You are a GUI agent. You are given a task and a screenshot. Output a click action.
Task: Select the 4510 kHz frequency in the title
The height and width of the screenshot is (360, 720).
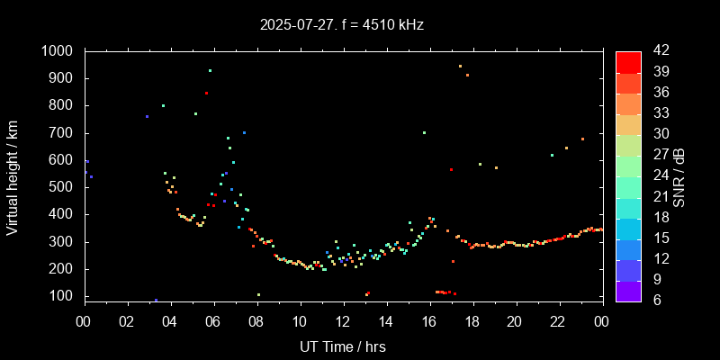pyautogui.click(x=390, y=25)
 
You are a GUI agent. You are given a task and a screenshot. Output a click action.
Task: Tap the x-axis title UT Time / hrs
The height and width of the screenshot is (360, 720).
pyautogui.click(x=343, y=346)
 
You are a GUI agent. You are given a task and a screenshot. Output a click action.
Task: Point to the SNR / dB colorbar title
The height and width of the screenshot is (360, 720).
pyautogui.click(x=679, y=175)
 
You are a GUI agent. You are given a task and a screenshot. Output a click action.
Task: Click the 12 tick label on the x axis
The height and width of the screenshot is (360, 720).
pyautogui.click(x=343, y=322)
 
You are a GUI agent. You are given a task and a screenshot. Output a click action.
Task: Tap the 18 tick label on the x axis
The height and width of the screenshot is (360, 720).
pyautogui.click(x=472, y=322)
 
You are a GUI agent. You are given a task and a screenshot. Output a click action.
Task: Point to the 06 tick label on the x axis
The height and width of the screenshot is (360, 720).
pyautogui.click(x=213, y=322)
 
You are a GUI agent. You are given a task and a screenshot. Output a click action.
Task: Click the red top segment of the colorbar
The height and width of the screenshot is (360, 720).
pyautogui.click(x=628, y=61)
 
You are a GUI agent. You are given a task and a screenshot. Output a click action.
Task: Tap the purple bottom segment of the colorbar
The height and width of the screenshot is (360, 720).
pyautogui.click(x=628, y=290)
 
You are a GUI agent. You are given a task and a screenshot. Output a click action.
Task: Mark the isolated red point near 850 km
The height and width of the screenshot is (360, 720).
pyautogui.click(x=206, y=93)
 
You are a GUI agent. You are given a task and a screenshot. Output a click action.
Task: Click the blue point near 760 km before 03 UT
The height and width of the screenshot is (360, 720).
pyautogui.click(x=147, y=116)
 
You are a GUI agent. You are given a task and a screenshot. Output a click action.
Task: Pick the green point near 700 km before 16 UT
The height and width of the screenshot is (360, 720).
pyautogui.click(x=424, y=132)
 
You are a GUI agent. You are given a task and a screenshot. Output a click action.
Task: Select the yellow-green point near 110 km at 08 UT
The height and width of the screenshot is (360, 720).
pyautogui.click(x=258, y=294)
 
